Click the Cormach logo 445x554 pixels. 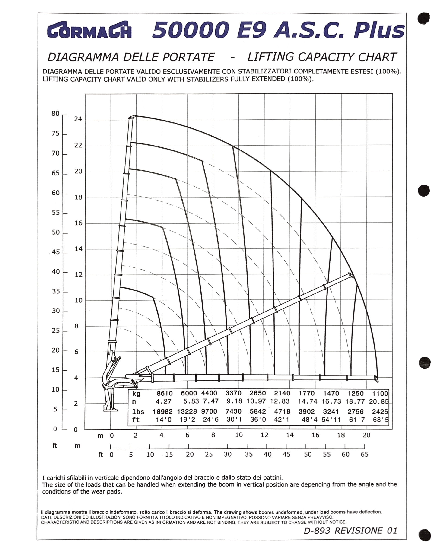89,30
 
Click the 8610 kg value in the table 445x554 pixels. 165,393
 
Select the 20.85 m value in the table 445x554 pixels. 379,401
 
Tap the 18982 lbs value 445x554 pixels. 162,412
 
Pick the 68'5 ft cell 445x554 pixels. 381,420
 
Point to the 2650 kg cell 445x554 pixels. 258,393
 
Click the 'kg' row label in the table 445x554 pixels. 136,394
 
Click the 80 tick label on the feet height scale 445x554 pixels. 55,114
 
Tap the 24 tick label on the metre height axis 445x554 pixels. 78,119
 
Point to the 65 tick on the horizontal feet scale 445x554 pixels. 364,455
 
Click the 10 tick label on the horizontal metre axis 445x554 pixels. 239,435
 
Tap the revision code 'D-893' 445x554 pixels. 317,531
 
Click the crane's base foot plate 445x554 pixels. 110,410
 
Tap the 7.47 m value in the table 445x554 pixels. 210,401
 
